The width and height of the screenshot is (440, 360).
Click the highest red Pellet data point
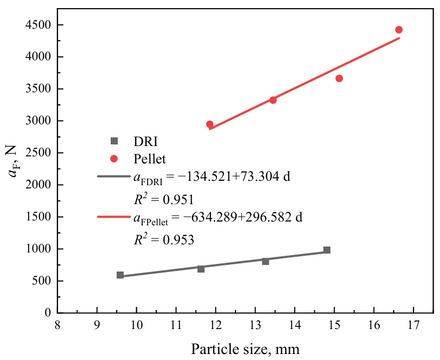[399, 30]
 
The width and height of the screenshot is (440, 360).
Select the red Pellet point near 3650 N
[339, 78]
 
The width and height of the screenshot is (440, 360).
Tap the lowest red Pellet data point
[209, 124]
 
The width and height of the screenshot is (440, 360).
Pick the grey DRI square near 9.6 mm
[120, 275]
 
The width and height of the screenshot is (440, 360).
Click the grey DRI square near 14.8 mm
[327, 250]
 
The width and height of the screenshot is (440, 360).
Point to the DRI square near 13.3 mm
[265, 261]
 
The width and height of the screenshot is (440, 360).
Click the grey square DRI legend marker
[114, 141]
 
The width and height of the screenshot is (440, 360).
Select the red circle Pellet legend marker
[114, 159]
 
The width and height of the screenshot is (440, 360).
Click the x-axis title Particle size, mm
[245, 348]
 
